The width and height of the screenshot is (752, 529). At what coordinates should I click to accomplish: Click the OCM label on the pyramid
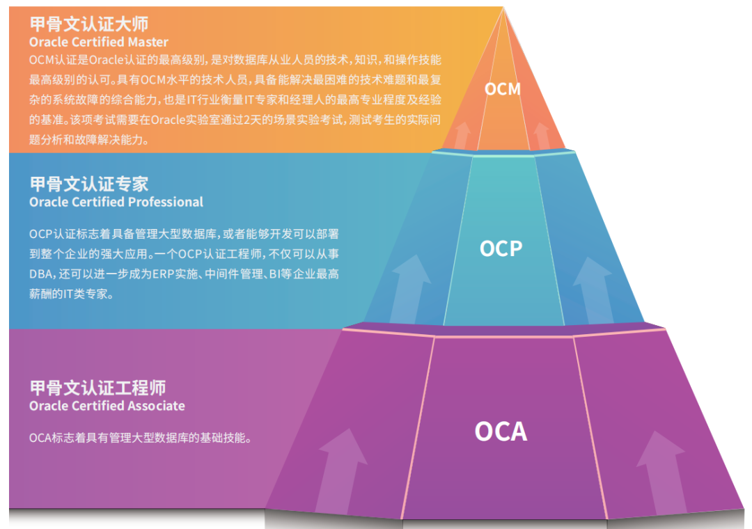point(503,89)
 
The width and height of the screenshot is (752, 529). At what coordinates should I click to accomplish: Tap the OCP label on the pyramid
point(501,248)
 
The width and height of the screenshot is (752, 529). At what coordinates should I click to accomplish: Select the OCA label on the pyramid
point(501,432)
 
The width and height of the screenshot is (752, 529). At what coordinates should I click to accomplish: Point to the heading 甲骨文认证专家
point(88,184)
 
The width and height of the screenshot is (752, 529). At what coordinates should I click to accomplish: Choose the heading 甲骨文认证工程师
point(97,388)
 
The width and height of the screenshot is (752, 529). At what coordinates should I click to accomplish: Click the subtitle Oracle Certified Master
point(98,42)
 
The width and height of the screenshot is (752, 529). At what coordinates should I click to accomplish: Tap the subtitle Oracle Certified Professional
point(116,202)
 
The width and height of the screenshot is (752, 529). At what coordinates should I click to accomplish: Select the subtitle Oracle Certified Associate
point(107,406)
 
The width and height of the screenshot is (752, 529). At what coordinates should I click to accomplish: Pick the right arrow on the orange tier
point(541,135)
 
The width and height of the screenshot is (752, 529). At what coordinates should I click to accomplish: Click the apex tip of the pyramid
point(503,10)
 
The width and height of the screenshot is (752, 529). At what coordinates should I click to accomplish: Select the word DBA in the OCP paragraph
point(41,274)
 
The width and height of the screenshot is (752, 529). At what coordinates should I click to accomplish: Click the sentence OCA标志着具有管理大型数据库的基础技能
point(139,439)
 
